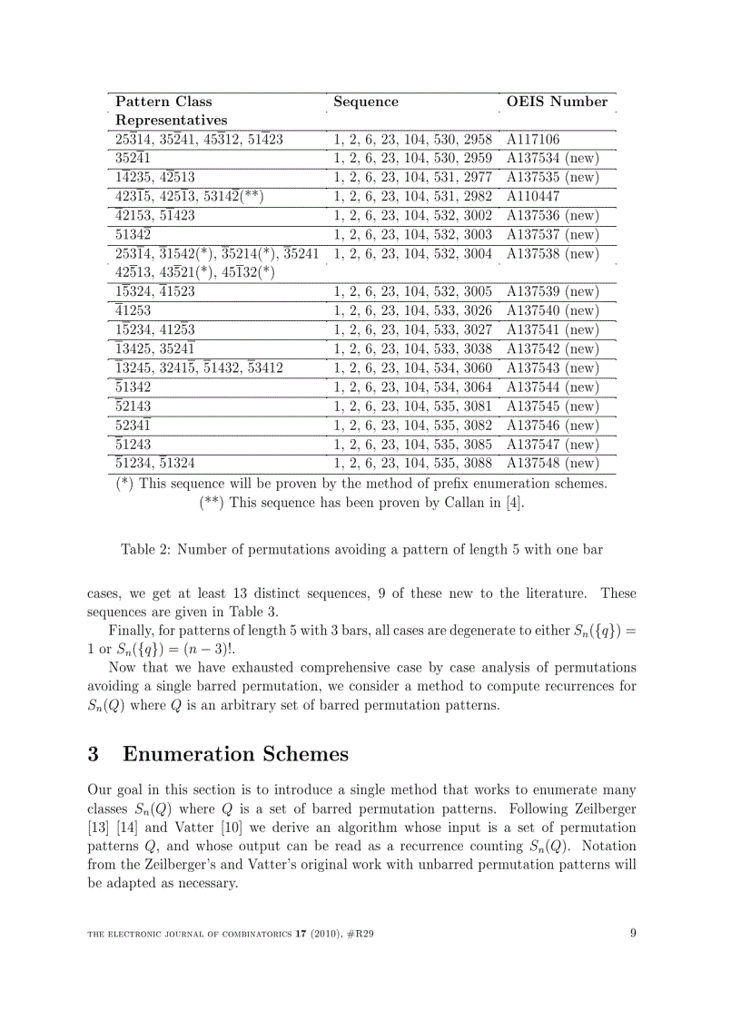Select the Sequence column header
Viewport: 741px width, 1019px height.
point(366,102)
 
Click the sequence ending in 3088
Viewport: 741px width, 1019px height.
point(412,464)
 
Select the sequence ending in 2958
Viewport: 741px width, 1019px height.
point(412,140)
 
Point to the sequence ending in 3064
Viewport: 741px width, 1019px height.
point(412,387)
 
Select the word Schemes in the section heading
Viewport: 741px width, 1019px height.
point(302,755)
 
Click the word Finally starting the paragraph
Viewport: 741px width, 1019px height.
point(133,631)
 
